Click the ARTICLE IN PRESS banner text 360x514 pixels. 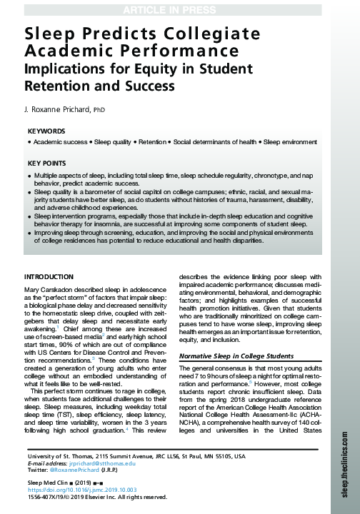click(x=179, y=8)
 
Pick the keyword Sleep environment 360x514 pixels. click(x=294, y=143)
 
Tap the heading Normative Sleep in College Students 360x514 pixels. click(x=236, y=356)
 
